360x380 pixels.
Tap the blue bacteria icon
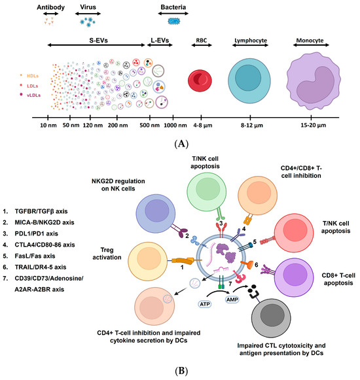[x=173, y=21]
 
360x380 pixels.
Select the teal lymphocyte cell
[x=250, y=81]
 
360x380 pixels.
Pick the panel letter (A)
[x=179, y=142]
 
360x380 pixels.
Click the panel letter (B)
[x=179, y=373]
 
